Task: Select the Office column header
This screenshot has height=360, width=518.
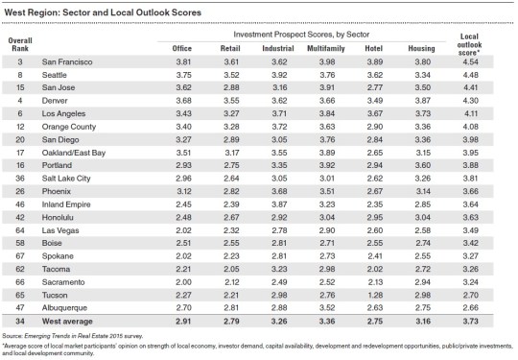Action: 182,46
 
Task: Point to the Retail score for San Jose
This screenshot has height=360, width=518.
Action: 229,86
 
